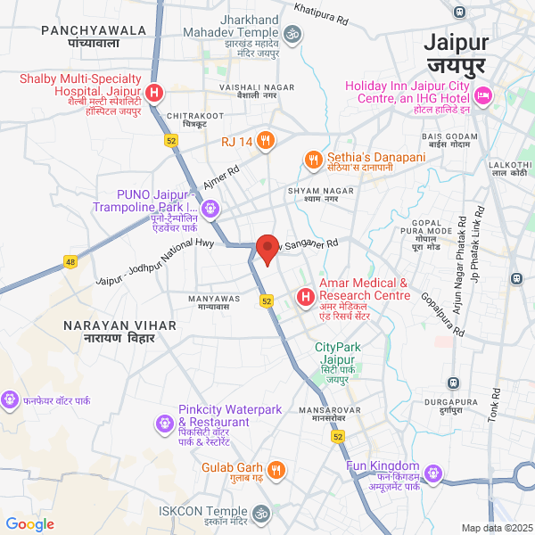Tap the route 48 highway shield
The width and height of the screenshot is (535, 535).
point(70,261)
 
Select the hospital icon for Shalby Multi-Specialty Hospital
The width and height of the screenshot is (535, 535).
point(154,93)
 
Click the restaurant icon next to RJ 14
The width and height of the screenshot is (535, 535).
point(265,140)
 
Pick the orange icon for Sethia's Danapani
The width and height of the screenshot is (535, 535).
point(312,160)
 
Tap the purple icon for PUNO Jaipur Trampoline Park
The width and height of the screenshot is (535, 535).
point(210,209)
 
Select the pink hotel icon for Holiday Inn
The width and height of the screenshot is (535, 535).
point(483,95)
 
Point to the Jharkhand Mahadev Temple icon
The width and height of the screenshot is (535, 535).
point(292,34)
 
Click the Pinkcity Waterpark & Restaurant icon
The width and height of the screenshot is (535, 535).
point(164,422)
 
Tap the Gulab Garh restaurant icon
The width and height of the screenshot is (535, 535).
point(276,469)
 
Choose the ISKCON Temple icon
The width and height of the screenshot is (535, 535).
point(262,514)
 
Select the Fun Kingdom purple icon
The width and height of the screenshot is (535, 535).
point(433,472)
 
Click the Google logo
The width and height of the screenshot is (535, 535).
point(30,524)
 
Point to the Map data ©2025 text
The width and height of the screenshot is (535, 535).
point(496,528)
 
